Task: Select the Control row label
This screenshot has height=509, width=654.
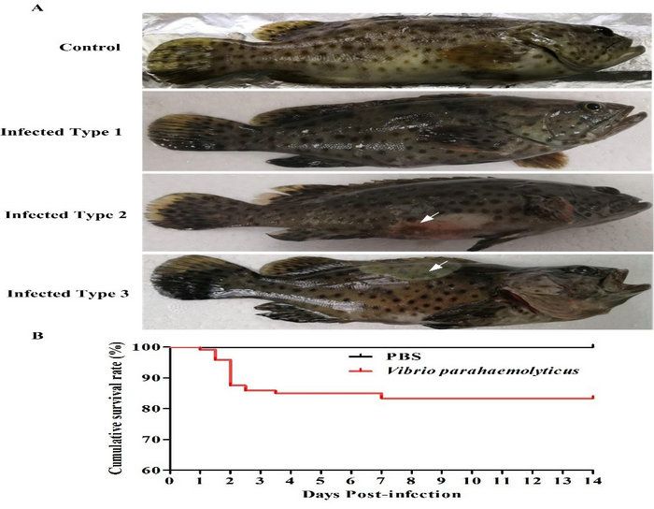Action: (90, 47)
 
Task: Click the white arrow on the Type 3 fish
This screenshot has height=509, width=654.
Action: (435, 269)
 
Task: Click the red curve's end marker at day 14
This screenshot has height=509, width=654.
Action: (593, 398)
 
